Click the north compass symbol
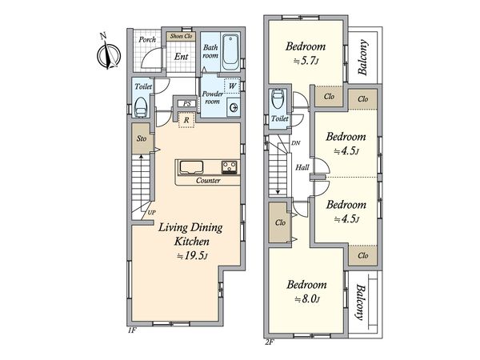coord(108,54)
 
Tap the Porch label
coord(147,39)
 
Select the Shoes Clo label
coord(182,36)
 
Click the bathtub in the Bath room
coord(231,52)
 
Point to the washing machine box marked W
coord(232,86)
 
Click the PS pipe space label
coord(187,103)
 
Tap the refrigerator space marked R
coord(186,120)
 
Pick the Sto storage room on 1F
coord(141,138)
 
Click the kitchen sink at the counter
coord(191,167)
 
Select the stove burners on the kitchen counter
coord(230,167)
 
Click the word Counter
coord(208,181)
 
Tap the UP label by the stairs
coord(151,213)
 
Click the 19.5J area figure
coord(193,256)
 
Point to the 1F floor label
coord(132,330)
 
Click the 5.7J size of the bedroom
coord(306,61)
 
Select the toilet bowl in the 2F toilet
coord(278,98)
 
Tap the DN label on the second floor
coord(296,143)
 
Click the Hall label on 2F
coord(302,167)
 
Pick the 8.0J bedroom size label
coord(307,298)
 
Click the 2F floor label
coord(270,342)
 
